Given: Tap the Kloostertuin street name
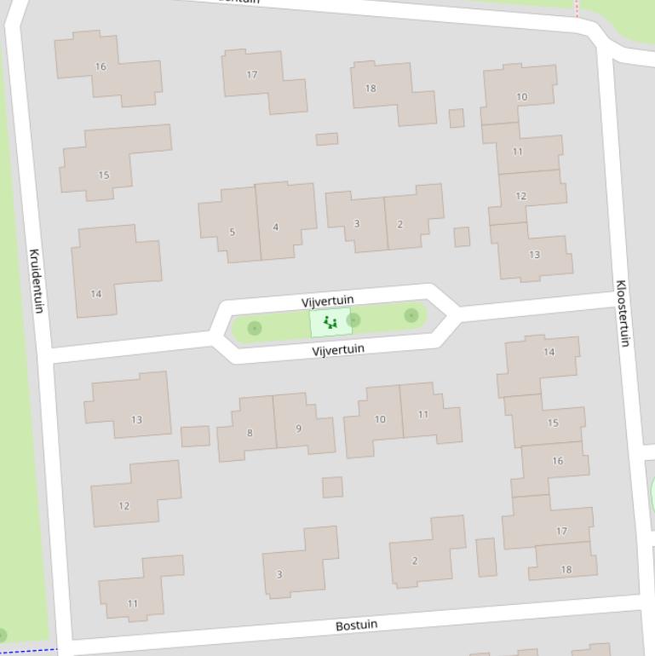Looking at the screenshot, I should [x=623, y=313].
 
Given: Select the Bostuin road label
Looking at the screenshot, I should [x=356, y=625].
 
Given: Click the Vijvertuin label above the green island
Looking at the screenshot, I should [x=327, y=301].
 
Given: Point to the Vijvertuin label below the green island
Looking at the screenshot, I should [x=338, y=349].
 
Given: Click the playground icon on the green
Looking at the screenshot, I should [x=330, y=323].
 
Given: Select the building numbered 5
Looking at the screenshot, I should [x=230, y=226].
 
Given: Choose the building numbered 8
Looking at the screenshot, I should [x=247, y=430].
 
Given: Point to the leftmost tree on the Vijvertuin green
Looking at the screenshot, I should [x=254, y=328].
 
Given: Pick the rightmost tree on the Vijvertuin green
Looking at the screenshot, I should [x=411, y=315].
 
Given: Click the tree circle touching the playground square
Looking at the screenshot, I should [x=353, y=319].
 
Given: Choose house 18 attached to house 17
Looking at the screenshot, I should [x=564, y=563].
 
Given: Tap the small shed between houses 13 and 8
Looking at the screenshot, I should [x=195, y=436].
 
